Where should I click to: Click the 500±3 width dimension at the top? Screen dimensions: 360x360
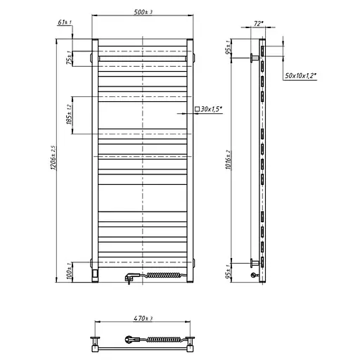pos(143,13)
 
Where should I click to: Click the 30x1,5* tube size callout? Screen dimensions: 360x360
pos(212,109)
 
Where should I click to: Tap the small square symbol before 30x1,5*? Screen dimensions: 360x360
pos(198,109)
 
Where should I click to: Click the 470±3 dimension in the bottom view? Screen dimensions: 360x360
pos(143,319)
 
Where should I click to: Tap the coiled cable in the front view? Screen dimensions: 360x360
pos(165,276)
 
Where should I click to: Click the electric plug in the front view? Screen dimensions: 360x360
pos(130,278)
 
